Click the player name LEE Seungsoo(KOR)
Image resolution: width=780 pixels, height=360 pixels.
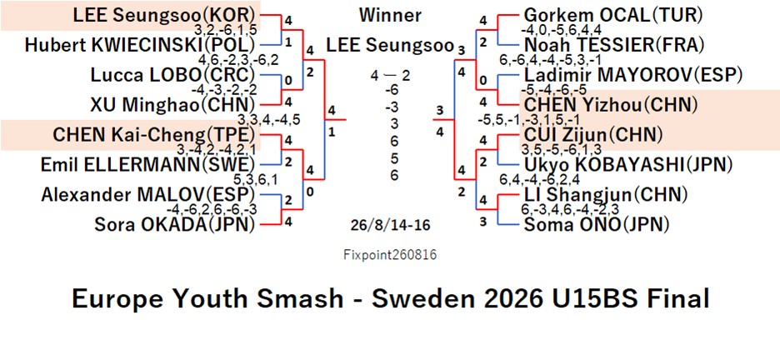165,15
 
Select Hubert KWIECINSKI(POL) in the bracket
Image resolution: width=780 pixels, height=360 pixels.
140,45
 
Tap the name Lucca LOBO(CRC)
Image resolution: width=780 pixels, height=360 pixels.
173,75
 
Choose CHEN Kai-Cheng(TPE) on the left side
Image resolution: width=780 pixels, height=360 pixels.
155,135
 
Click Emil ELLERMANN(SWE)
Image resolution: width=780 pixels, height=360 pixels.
148,165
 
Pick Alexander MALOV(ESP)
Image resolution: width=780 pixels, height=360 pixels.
148,194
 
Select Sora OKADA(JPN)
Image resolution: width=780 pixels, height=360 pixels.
175,225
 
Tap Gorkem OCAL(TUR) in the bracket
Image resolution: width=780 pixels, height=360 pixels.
613,15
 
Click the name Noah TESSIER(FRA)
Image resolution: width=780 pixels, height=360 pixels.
615,45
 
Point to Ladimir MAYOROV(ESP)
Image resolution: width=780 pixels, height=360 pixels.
633,75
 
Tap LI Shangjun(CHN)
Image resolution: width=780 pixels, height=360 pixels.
606,194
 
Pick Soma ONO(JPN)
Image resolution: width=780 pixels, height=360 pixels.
596,225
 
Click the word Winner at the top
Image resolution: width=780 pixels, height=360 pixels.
390,15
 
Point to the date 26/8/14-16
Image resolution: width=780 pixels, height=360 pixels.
390,225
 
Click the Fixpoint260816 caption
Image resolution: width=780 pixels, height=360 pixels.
390,255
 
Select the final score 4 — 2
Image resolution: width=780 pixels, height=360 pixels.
390,76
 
